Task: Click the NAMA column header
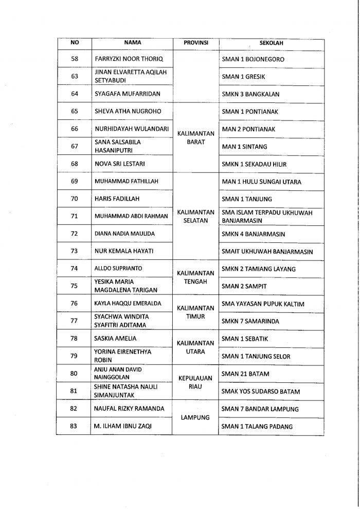click(132, 43)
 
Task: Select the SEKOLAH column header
click(271, 43)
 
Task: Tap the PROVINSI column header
click(195, 43)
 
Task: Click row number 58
click(74, 59)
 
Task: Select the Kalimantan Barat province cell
click(195, 137)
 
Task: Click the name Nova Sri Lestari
click(118, 164)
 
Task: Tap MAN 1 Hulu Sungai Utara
click(261, 182)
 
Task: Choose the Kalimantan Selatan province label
click(195, 216)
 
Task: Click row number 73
click(74, 251)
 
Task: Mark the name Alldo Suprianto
click(118, 269)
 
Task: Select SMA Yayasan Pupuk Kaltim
click(262, 304)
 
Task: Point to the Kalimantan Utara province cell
click(195, 347)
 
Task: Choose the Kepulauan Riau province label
click(195, 382)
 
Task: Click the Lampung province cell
click(195, 417)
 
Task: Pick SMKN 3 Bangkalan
click(251, 94)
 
